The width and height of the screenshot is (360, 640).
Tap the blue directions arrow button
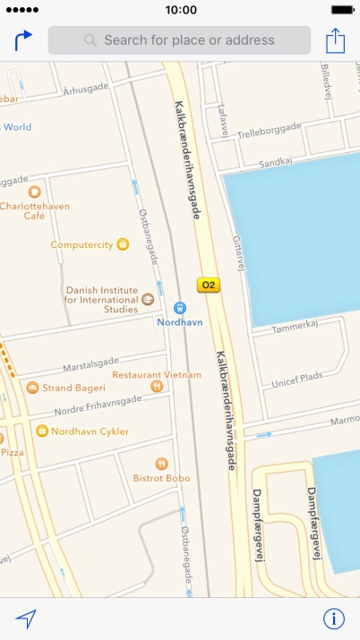[x=23, y=40]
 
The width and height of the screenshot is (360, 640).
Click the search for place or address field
[x=179, y=40]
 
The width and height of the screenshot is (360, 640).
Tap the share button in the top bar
[x=335, y=40]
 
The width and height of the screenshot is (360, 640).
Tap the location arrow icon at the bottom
[x=26, y=619]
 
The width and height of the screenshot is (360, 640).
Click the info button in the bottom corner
[x=334, y=619]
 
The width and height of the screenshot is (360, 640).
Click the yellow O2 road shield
[x=209, y=286]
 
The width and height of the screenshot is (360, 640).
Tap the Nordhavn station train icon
[x=179, y=307]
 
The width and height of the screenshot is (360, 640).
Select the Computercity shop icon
[x=123, y=244]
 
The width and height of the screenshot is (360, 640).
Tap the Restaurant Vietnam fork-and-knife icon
[x=157, y=386]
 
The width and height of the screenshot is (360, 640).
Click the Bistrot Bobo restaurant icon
[x=161, y=464]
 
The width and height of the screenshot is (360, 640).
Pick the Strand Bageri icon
[x=32, y=388]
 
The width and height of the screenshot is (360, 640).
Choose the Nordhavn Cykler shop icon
[x=41, y=431]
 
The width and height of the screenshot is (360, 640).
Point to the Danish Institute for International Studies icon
[x=148, y=299]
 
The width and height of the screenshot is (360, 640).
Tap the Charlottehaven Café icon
[x=34, y=192]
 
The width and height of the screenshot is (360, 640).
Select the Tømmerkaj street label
[x=295, y=330]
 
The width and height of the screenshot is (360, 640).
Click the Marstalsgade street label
[x=90, y=366]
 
